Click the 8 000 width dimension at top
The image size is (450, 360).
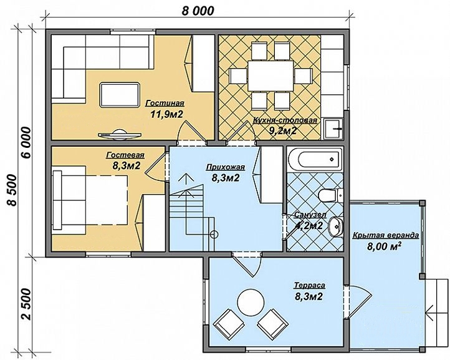tap(198, 11)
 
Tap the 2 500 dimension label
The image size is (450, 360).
tap(26, 304)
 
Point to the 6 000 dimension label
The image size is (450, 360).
tap(26, 142)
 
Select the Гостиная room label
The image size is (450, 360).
tap(165, 103)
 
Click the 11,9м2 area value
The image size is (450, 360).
tap(167, 114)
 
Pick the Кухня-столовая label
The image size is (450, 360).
tap(285, 120)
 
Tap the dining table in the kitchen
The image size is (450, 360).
tap(270, 75)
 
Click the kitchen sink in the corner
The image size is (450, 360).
tap(333, 129)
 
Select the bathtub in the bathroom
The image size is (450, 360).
tap(315, 158)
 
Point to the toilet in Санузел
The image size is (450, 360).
tap(330, 195)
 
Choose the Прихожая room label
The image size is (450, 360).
tap(225, 167)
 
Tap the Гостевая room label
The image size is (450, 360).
tap(125, 155)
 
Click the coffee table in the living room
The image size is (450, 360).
tap(120, 95)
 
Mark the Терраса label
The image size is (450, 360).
tap(309, 285)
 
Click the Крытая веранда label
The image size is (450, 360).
tap(385, 235)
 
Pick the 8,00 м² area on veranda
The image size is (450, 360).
tap(384, 246)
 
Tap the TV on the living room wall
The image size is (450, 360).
tap(120, 134)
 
